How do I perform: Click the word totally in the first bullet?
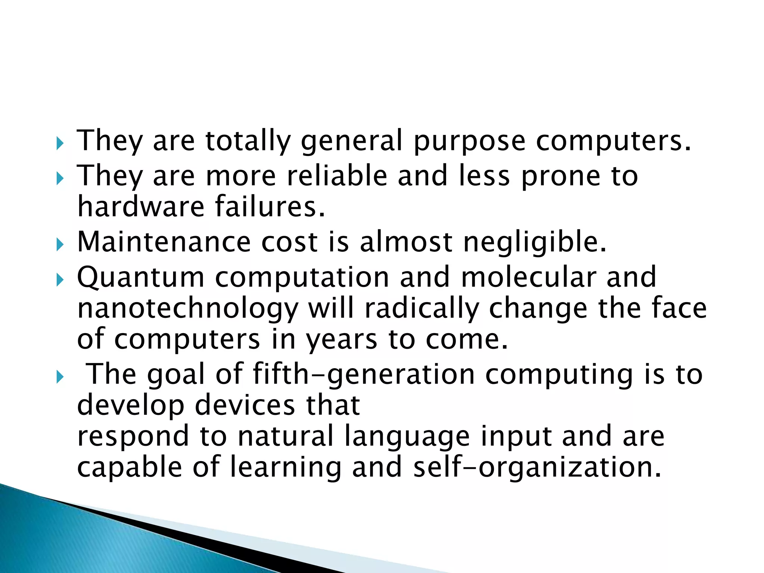248,141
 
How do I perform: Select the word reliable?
337,176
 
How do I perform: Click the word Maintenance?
164,242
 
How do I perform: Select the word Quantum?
141,278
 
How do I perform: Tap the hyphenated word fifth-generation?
364,375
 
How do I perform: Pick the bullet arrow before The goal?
60,378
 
